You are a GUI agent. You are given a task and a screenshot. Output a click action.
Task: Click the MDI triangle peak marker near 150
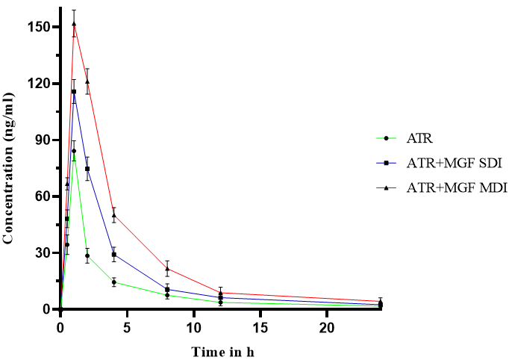coord(74,23)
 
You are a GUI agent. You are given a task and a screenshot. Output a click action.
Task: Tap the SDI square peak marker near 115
coord(74,92)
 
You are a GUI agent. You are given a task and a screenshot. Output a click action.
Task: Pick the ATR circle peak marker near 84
coord(74,151)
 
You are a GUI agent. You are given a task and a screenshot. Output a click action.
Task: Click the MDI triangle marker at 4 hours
coord(114,215)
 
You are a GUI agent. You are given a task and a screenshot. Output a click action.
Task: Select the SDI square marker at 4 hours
coord(114,255)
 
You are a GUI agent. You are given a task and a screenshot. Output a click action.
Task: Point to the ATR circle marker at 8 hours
coord(167,295)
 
